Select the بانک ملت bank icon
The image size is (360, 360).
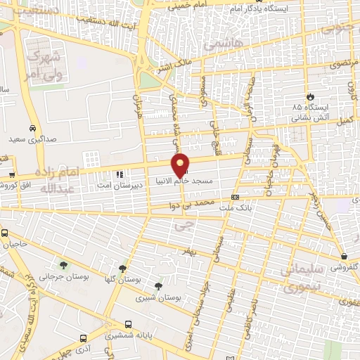[236, 198]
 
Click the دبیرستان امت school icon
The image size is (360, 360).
[119, 174]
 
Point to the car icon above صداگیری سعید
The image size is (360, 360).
[33, 129]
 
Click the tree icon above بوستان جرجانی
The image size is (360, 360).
[64, 265]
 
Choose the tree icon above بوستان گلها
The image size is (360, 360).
[124, 268]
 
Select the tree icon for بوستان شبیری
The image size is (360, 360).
[157, 286]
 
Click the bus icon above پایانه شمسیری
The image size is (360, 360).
[128, 324]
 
